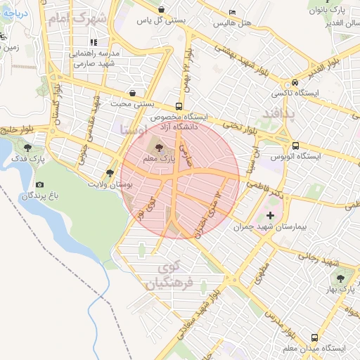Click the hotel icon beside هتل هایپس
233,12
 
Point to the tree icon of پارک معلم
158,148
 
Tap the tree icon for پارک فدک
27,148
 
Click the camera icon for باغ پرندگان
39,184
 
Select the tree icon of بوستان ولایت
109,173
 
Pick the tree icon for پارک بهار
341,278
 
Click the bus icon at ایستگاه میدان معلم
313,337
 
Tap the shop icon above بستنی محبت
132,93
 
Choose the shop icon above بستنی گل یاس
162,10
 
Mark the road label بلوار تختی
240,128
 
